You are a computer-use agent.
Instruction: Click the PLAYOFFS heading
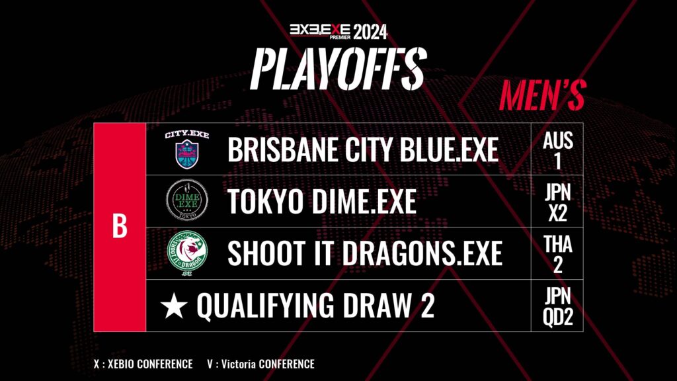[338, 69]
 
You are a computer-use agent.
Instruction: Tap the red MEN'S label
[543, 95]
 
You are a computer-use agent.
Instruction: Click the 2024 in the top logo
[370, 32]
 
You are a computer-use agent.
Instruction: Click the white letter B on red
[120, 226]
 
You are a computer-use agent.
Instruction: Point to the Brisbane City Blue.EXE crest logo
[187, 149]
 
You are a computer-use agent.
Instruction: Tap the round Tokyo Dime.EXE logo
[187, 200]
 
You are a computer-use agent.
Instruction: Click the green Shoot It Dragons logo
[187, 253]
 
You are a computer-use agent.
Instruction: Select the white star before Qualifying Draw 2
[174, 305]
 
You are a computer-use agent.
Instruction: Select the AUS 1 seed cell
[557, 149]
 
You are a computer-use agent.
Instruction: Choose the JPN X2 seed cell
[557, 201]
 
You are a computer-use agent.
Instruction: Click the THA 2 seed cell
[557, 253]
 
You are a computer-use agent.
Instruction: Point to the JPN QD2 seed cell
[557, 306]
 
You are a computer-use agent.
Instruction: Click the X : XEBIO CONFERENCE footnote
[143, 364]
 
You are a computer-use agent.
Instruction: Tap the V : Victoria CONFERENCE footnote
[260, 364]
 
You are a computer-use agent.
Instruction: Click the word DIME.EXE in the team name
[364, 201]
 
